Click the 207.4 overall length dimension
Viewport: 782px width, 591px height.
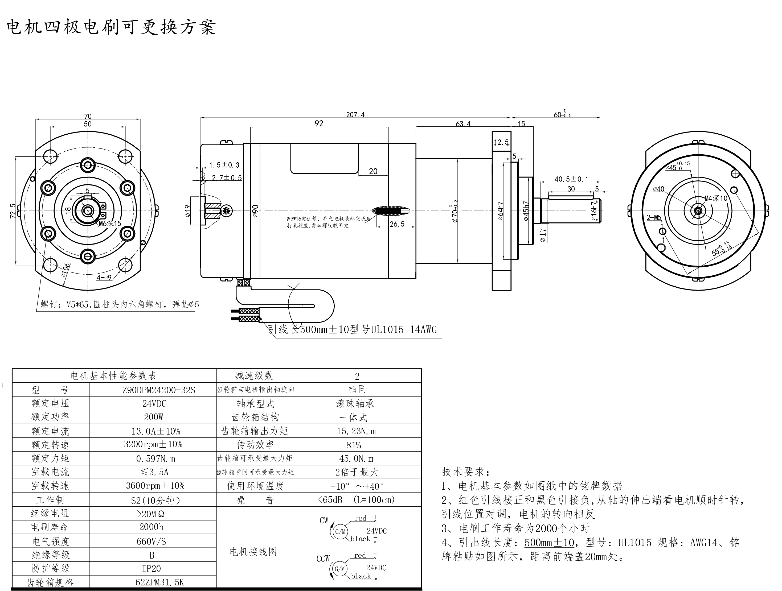pyautogui.click(x=355, y=115)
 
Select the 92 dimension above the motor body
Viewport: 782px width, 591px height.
pyautogui.click(x=319, y=123)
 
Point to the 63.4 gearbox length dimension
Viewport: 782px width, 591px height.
pyautogui.click(x=463, y=124)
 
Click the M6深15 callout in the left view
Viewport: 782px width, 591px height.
pyautogui.click(x=110, y=224)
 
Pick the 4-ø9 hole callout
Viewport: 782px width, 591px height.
pyautogui.click(x=104, y=277)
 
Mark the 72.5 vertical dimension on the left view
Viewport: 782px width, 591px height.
pyautogui.click(x=13, y=211)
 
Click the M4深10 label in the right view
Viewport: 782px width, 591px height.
pyautogui.click(x=716, y=199)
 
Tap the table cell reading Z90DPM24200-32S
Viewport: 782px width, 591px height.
pyautogui.click(x=153, y=390)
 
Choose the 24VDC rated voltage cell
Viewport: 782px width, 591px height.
pyautogui.click(x=153, y=404)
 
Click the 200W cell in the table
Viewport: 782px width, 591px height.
pyautogui.click(x=153, y=417)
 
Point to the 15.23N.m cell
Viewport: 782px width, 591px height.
pyautogui.click(x=356, y=431)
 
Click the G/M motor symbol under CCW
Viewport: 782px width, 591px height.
pyautogui.click(x=340, y=569)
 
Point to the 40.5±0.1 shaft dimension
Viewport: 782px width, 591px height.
pyautogui.click(x=571, y=179)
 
